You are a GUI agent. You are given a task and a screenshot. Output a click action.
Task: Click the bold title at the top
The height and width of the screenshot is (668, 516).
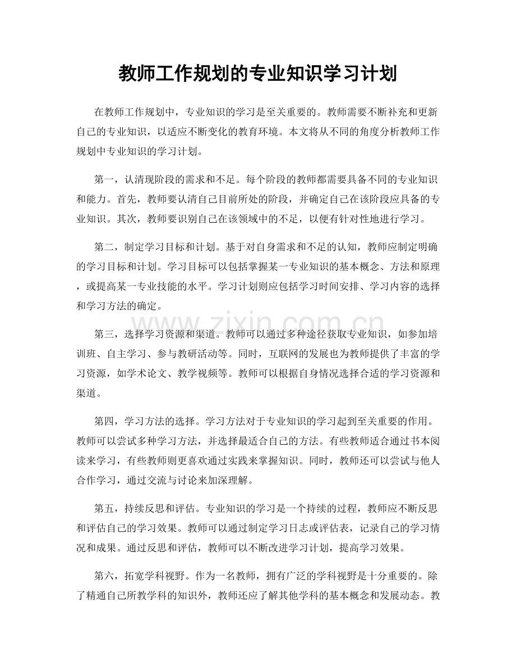(258, 73)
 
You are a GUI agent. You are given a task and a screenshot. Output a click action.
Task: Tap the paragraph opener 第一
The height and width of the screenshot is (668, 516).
(103, 180)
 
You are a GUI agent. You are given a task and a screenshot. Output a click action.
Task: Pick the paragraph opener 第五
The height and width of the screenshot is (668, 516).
(103, 508)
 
